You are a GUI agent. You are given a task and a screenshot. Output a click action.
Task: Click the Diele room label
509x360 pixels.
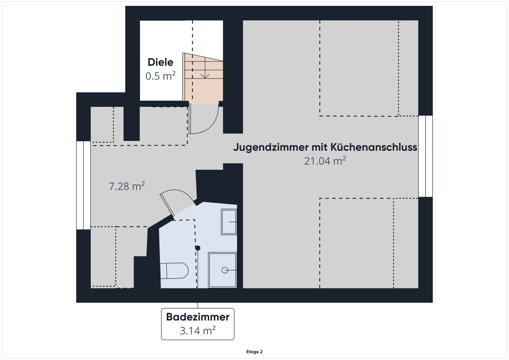coord(160,62)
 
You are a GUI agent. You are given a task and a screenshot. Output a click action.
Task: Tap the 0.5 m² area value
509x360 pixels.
coord(160,76)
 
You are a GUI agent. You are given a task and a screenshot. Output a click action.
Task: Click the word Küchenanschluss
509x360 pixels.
coord(374,147)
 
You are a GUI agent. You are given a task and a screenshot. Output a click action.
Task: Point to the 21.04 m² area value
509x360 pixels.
coord(325,161)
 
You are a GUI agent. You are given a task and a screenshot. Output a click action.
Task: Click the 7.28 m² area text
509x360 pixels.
coord(127,186)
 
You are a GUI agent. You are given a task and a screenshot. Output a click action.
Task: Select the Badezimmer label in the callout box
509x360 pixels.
coord(197,317)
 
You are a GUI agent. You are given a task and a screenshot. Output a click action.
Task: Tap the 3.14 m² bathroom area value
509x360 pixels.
coord(197,330)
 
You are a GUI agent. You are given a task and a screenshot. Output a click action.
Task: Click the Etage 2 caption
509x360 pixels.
coord(254,352)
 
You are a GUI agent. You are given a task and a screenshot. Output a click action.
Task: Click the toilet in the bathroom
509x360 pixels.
coord(174,270)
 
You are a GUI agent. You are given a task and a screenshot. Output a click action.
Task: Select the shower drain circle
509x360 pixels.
coord(225,270)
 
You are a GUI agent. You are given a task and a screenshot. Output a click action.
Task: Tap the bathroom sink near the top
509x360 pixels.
coord(229,222)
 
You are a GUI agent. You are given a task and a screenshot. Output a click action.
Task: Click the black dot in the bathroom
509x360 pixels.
coord(197,248)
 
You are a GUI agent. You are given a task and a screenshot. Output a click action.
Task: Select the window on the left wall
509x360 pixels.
coord(83,185)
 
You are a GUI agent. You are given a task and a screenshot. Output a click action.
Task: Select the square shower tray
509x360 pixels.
coord(222,270)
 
